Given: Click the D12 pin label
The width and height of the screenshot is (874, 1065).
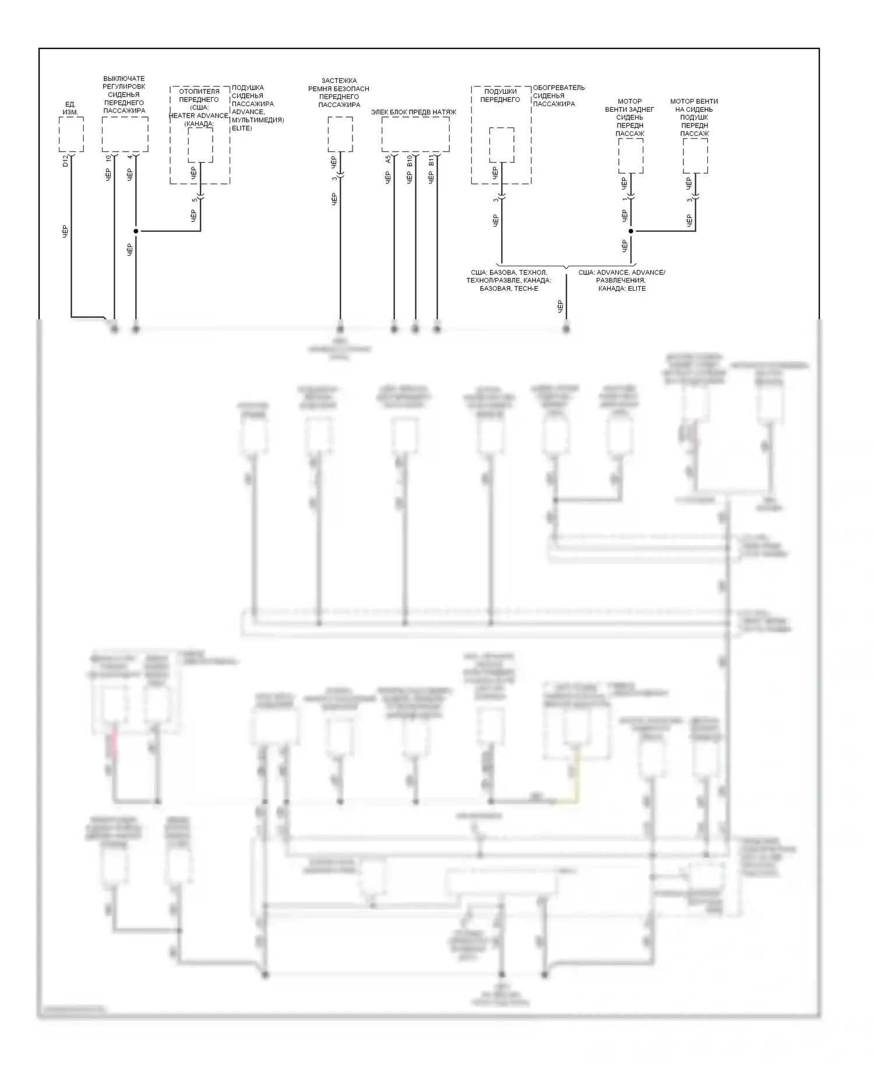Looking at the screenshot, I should pyautogui.click(x=65, y=160).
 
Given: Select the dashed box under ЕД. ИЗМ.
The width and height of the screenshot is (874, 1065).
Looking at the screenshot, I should pyautogui.click(x=71, y=134).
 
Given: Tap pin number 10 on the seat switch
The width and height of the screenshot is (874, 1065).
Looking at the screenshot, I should pyautogui.click(x=108, y=158).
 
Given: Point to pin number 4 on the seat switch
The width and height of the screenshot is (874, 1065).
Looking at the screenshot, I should pyautogui.click(x=130, y=157).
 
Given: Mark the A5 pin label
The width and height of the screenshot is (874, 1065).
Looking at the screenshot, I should pyautogui.click(x=388, y=159).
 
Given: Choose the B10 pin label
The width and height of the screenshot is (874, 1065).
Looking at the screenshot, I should pyautogui.click(x=410, y=160).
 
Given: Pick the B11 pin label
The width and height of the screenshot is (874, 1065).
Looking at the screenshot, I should pyautogui.click(x=431, y=160).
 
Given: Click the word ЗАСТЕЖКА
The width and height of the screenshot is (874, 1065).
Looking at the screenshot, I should pyautogui.click(x=339, y=81).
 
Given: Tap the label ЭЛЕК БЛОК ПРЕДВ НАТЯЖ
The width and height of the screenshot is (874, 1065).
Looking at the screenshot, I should pyautogui.click(x=414, y=112).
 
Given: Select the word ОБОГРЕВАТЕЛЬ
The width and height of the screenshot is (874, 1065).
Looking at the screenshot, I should pyautogui.click(x=559, y=88).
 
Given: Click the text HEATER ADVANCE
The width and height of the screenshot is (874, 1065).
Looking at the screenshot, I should pyautogui.click(x=198, y=115).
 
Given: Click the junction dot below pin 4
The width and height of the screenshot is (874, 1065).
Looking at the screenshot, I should pyautogui.click(x=136, y=231).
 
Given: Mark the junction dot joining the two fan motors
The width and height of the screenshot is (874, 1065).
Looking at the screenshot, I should pyautogui.click(x=630, y=231).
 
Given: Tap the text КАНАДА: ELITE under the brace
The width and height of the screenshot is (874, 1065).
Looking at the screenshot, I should pyautogui.click(x=622, y=288).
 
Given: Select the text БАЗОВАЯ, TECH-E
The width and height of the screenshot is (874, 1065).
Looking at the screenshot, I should pyautogui.click(x=509, y=288).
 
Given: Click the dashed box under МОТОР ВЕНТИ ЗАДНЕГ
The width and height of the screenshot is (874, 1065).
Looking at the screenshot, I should pyautogui.click(x=630, y=156).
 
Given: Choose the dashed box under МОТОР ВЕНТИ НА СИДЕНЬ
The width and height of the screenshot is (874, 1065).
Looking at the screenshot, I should pyautogui.click(x=695, y=156).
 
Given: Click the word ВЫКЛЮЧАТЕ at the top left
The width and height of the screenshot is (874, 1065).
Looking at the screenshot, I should pyautogui.click(x=124, y=79).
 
